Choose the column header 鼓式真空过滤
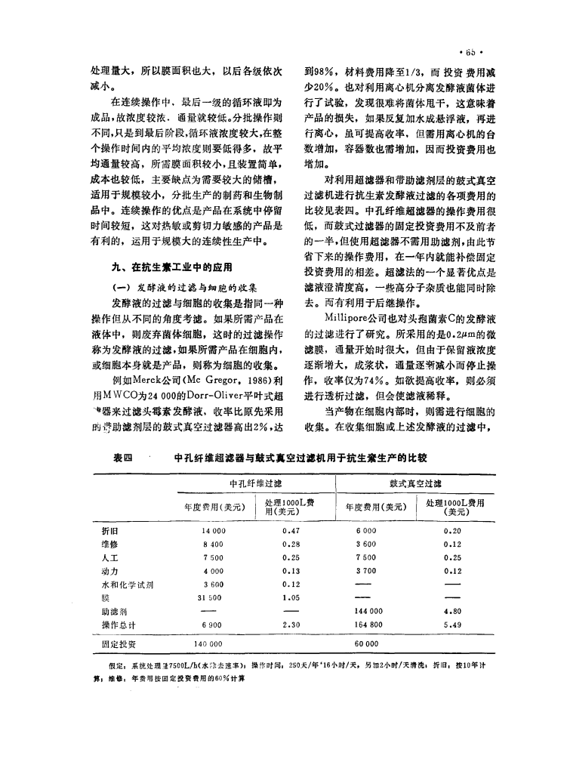[x=416, y=482]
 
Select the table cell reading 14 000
[x=210, y=531]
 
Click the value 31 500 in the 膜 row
[x=211, y=597]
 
